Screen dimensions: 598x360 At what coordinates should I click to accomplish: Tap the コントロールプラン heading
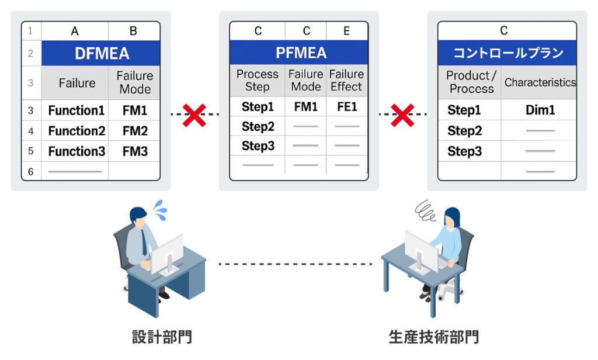point(507,53)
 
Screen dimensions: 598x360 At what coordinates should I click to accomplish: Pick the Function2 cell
point(77,131)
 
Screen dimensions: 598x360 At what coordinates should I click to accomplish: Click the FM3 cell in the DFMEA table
point(135,151)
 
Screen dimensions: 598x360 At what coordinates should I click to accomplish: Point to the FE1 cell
point(347,106)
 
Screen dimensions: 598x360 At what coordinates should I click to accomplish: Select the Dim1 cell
point(540,110)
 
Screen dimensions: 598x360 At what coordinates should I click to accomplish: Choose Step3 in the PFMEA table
point(258,146)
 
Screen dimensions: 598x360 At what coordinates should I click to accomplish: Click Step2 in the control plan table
point(464,130)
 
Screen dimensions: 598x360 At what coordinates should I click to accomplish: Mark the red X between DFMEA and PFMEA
point(194,115)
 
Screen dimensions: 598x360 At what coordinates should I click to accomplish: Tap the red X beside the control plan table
point(403,115)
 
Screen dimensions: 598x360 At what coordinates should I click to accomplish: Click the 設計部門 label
point(162,337)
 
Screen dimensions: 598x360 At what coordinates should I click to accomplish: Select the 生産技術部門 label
point(434,337)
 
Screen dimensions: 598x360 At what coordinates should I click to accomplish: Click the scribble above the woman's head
point(425,211)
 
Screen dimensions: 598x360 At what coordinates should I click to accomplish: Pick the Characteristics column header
point(540,82)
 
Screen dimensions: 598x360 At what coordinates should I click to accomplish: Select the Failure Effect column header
point(346,80)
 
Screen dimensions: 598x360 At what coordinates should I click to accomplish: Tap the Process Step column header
point(258,80)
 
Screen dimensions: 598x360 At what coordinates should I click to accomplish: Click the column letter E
point(346,31)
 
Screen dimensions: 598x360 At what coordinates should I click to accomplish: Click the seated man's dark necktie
point(144,242)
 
